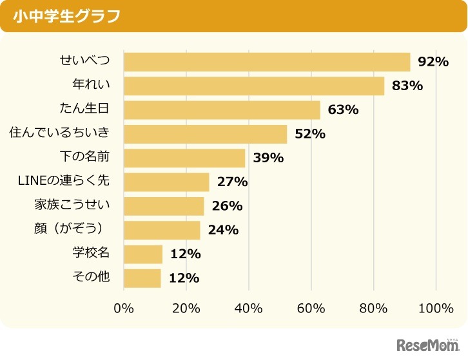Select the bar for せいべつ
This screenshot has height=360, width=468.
point(267,62)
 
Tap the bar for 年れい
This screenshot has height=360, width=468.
point(254,86)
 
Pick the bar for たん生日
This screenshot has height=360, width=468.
point(222,109)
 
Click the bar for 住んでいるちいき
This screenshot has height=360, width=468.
point(205,134)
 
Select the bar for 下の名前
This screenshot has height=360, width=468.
point(184,158)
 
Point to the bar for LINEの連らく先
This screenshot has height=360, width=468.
point(166,182)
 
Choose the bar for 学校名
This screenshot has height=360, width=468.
point(143,254)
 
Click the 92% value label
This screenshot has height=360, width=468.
point(433,62)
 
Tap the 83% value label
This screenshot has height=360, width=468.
point(407,86)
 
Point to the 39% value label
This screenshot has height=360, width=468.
point(268,158)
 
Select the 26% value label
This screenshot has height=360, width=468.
point(227,206)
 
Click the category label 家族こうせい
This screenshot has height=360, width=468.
point(72,205)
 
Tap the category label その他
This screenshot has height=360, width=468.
point(91,278)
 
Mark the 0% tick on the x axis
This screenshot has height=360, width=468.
point(123,308)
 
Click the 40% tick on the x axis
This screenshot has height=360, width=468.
point(249,308)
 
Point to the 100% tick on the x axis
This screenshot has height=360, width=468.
point(436,308)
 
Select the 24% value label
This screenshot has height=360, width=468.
point(223,230)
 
